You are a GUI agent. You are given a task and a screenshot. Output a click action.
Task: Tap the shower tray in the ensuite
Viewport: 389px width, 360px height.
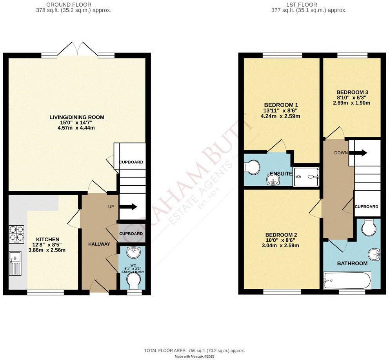306,177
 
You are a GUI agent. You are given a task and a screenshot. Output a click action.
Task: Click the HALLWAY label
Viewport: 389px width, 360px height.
99,244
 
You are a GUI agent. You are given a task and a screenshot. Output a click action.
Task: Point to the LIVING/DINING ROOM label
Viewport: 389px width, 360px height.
77,117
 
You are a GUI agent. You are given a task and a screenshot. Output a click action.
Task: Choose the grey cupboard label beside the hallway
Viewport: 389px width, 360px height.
131,234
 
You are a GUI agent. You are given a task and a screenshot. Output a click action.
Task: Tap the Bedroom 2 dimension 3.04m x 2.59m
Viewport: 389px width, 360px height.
280,246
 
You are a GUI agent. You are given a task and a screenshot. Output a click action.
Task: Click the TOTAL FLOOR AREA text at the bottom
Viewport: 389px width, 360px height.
194,350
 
